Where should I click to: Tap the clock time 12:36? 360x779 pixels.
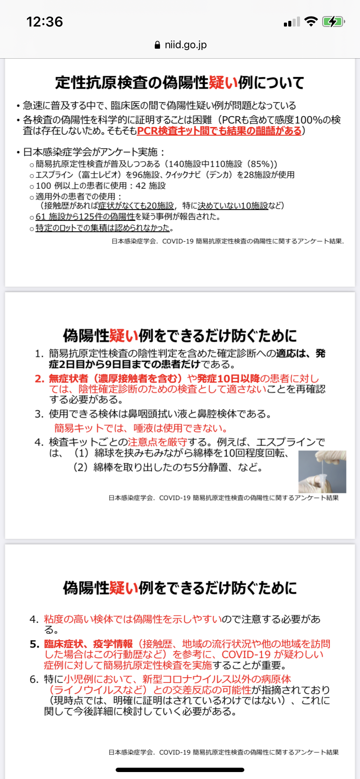(x=45, y=21)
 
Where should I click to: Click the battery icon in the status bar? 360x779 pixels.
(x=333, y=21)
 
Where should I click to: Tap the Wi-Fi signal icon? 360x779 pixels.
(x=311, y=21)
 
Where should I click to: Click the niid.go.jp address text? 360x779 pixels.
(x=186, y=45)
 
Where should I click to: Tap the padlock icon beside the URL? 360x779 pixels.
(x=157, y=45)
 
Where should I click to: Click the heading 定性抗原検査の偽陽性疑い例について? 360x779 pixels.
(x=180, y=83)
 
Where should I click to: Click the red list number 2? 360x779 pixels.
(x=40, y=379)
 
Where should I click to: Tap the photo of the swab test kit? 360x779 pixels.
(x=322, y=472)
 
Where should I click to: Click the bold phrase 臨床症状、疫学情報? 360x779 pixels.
(x=88, y=644)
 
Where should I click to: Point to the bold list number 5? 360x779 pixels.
(x=35, y=644)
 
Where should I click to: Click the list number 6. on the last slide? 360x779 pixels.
(x=35, y=679)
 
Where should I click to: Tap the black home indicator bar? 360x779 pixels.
(x=180, y=770)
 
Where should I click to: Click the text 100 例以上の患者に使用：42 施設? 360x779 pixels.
(x=101, y=186)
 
